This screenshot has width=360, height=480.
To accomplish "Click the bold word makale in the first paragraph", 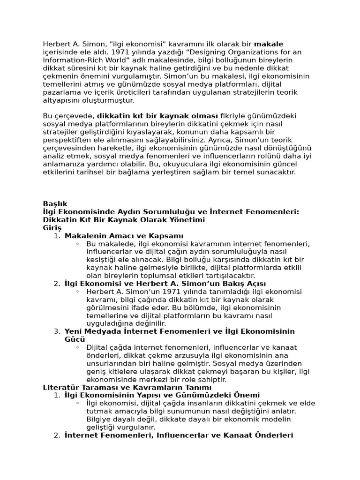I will [x=269, y=44].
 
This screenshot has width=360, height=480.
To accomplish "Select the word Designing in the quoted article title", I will [x=212, y=52].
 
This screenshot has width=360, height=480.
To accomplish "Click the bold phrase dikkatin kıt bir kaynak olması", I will [x=157, y=116].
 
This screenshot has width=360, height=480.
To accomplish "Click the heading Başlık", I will [x=55, y=203].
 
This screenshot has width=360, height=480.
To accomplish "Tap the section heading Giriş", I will [x=52, y=227].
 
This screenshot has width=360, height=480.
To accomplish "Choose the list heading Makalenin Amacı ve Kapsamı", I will [x=124, y=235].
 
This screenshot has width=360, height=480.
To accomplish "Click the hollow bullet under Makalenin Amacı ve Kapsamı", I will [x=77, y=244].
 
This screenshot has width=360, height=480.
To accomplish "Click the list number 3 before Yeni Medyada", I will [x=56, y=331].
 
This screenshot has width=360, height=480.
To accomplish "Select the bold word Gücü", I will [x=75, y=339].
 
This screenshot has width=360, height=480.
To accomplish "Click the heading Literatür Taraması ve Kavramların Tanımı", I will [x=127, y=387].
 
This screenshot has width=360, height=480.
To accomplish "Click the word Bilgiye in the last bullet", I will [x=99, y=419].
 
